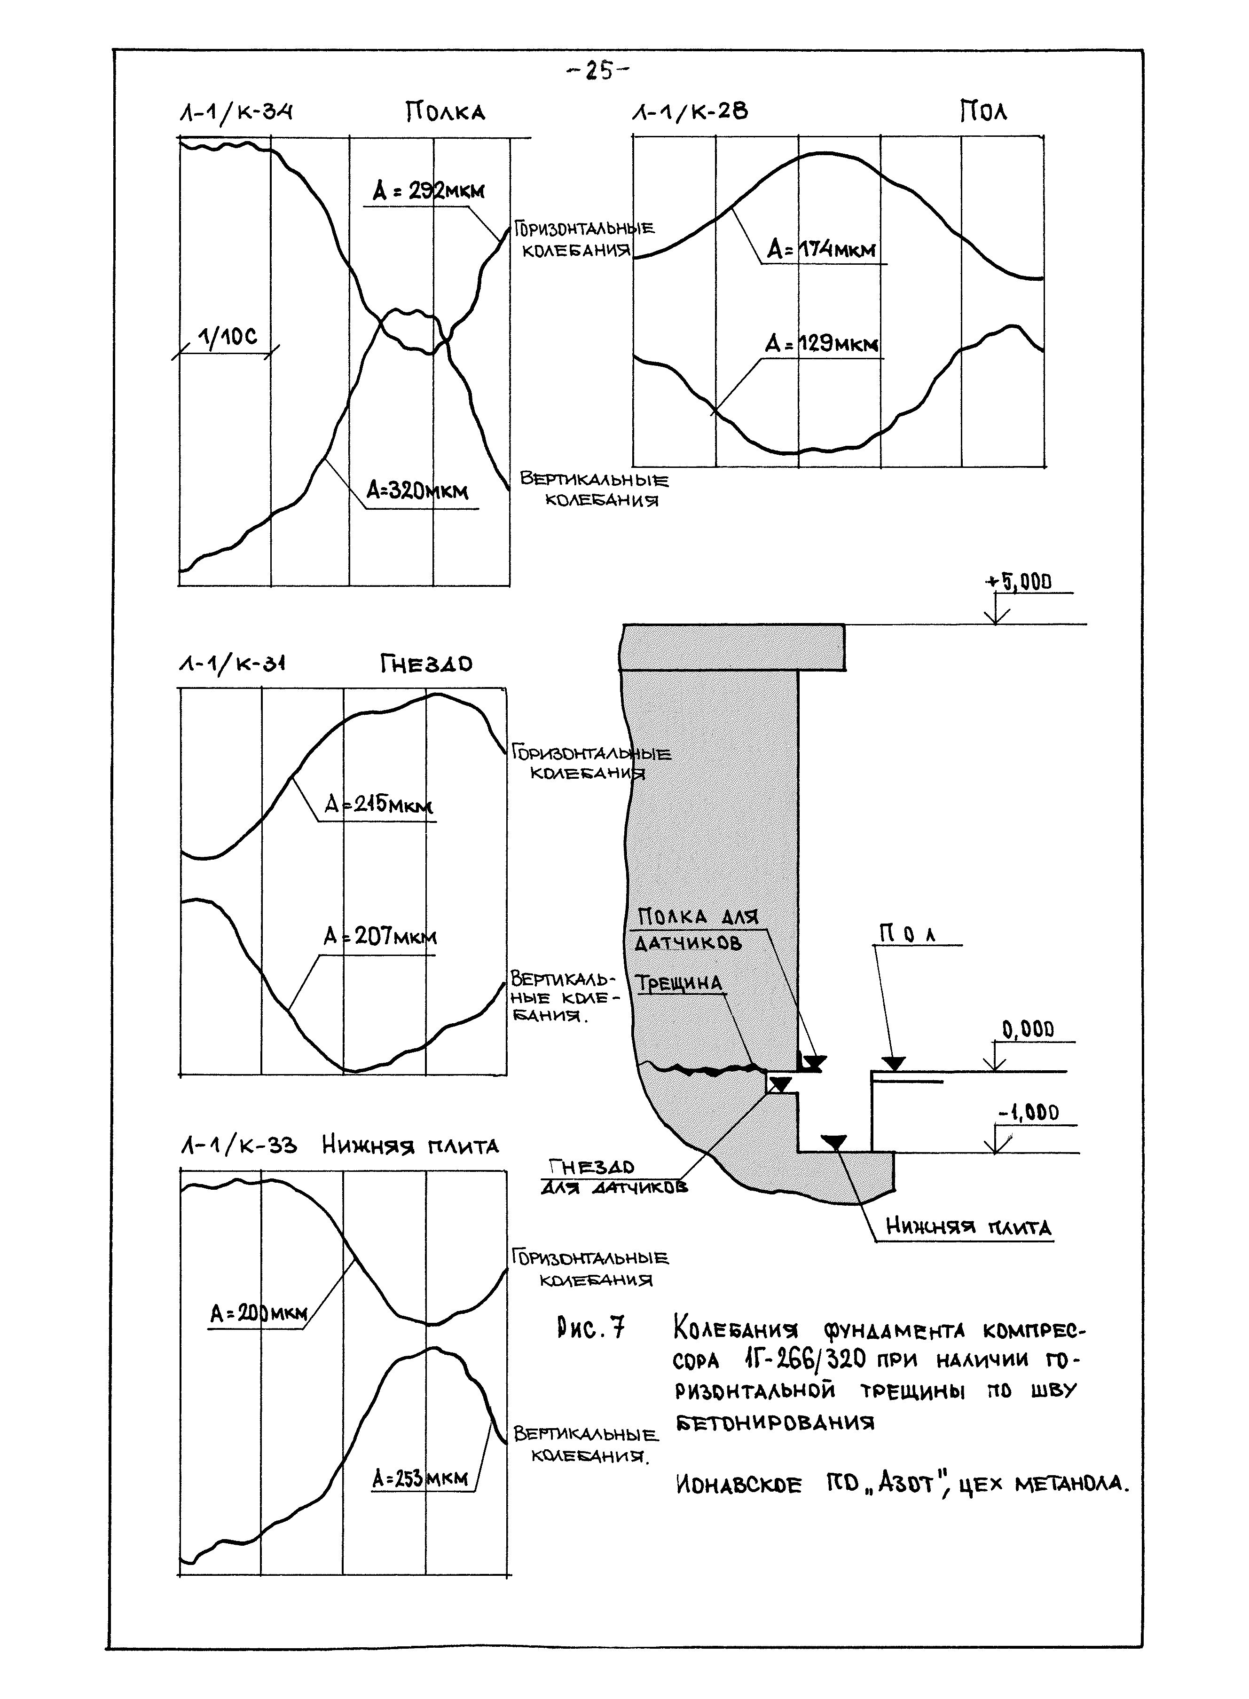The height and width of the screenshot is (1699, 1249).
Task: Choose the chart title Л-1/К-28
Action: (690, 113)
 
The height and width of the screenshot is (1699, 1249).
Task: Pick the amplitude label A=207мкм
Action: (380, 938)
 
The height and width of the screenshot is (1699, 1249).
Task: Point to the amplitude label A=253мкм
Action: (420, 1478)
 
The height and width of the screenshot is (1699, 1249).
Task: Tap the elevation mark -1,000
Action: (1028, 1112)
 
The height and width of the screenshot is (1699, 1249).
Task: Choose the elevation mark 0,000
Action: (1028, 1029)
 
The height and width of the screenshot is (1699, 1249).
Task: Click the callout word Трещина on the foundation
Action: (679, 984)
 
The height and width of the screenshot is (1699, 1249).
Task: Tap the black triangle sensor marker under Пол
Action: (894, 1064)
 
